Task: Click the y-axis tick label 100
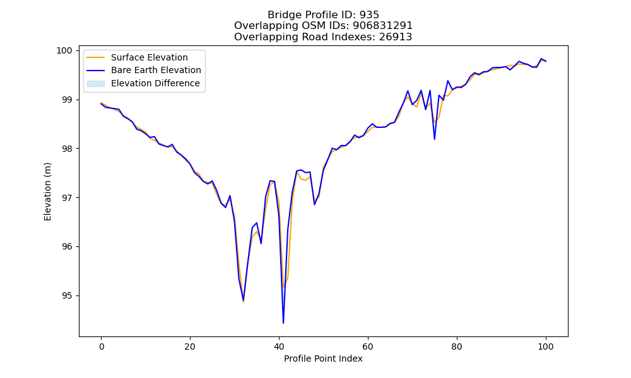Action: point(64,50)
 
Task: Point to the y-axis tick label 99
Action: point(68,100)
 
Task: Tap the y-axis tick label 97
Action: point(68,198)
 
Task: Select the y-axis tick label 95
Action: point(68,295)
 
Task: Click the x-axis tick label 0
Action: point(102,346)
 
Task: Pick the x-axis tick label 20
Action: point(190,346)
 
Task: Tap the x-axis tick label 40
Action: point(279,346)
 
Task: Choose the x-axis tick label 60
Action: point(368,346)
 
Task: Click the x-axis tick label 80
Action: point(457,346)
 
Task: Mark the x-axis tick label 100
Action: point(546,346)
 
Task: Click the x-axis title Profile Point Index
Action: point(323,358)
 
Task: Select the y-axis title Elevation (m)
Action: point(47,192)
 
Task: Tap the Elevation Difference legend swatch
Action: point(96,84)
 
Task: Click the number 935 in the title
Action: point(369,15)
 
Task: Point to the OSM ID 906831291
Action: point(383,26)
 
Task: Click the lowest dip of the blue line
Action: point(283,323)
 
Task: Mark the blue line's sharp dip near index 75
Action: point(435,139)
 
